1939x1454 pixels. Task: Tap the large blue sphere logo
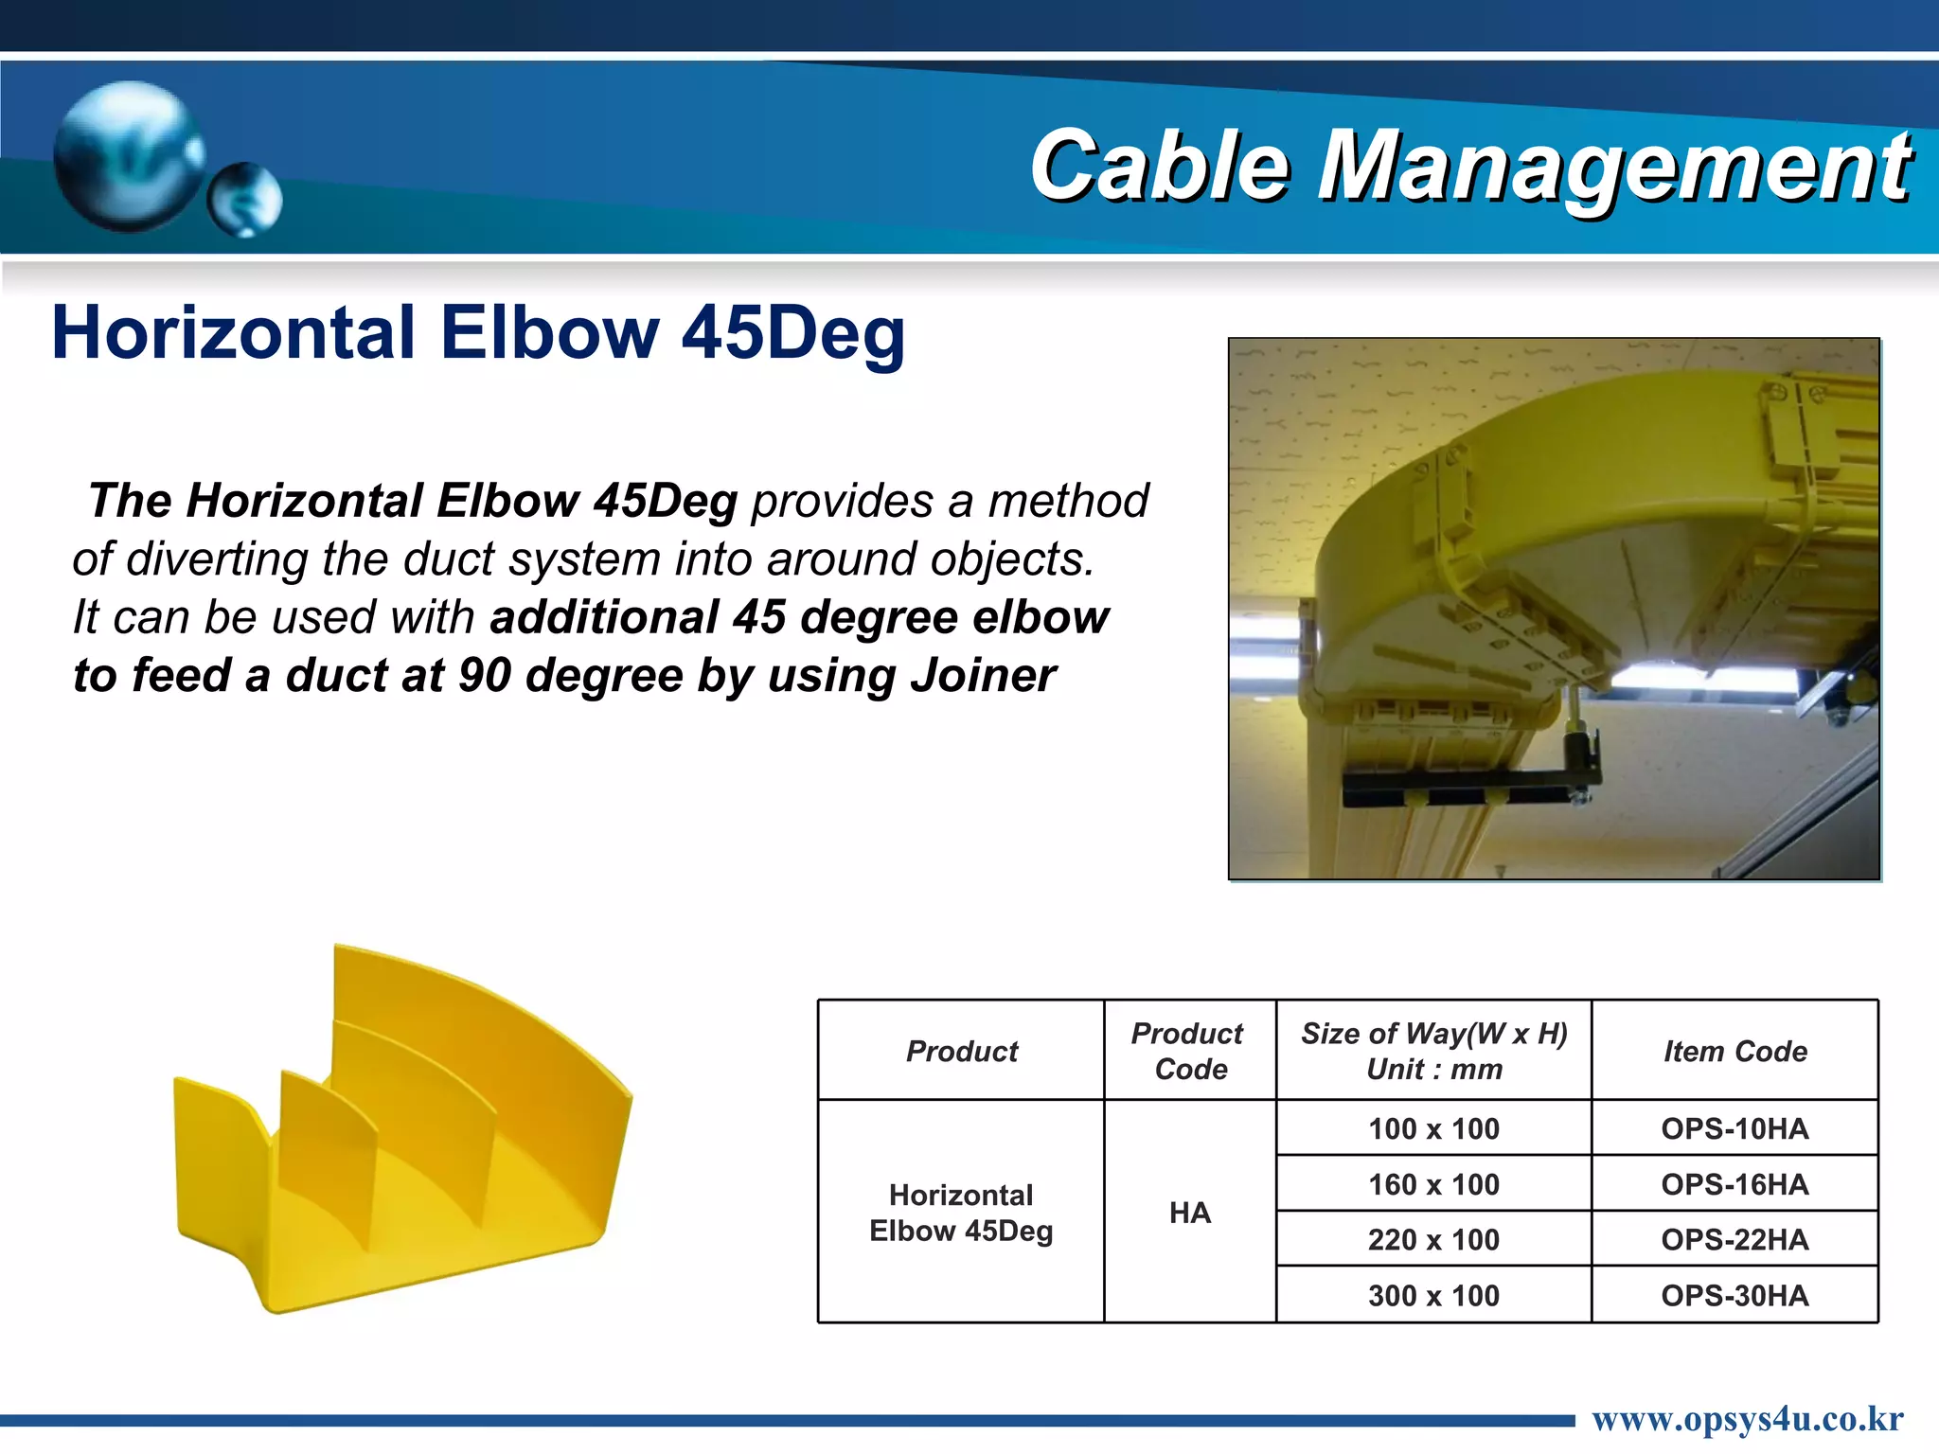(128, 156)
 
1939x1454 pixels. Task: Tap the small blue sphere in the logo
(244, 200)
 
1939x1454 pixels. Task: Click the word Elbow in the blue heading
(549, 333)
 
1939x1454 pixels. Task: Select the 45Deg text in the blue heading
(793, 333)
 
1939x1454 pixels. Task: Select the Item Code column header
(1734, 1051)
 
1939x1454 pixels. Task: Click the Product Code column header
(1189, 1051)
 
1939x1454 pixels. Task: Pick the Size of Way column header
(1433, 1051)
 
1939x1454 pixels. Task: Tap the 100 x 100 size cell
(1433, 1128)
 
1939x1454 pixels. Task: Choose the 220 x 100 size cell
(1433, 1239)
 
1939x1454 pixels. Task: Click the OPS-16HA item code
(1734, 1184)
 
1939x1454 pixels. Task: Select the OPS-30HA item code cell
(1734, 1295)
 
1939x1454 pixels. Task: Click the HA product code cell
(1189, 1213)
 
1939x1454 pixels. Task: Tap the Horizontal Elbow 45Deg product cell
(960, 1213)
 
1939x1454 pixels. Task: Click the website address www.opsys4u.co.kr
(1747, 1419)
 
